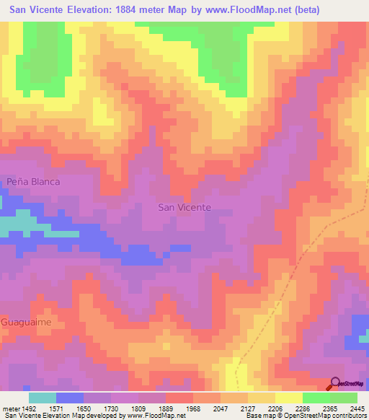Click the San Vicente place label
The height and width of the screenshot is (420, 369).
coord(184,207)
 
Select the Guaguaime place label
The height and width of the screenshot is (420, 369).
coord(26,322)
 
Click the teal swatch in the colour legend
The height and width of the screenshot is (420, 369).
coord(43,398)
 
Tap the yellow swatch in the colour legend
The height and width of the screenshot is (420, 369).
coord(289,398)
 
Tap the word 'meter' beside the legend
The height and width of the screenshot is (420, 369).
coord(10,408)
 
